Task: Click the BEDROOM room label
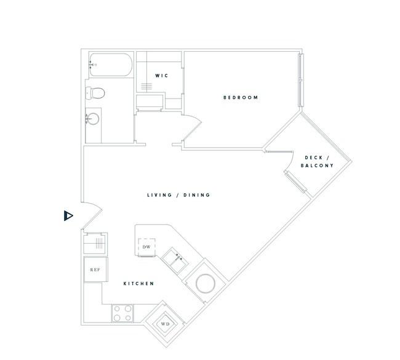241,97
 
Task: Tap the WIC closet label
162,76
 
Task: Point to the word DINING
197,195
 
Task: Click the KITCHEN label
139,284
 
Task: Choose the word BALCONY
317,166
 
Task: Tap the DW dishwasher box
146,247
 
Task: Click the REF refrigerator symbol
95,270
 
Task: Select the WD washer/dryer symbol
165,324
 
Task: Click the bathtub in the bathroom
111,65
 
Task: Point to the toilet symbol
95,93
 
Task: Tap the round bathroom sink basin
93,119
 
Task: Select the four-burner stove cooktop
122,313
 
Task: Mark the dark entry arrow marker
68,216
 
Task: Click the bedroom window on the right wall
301,80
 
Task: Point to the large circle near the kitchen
206,284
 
